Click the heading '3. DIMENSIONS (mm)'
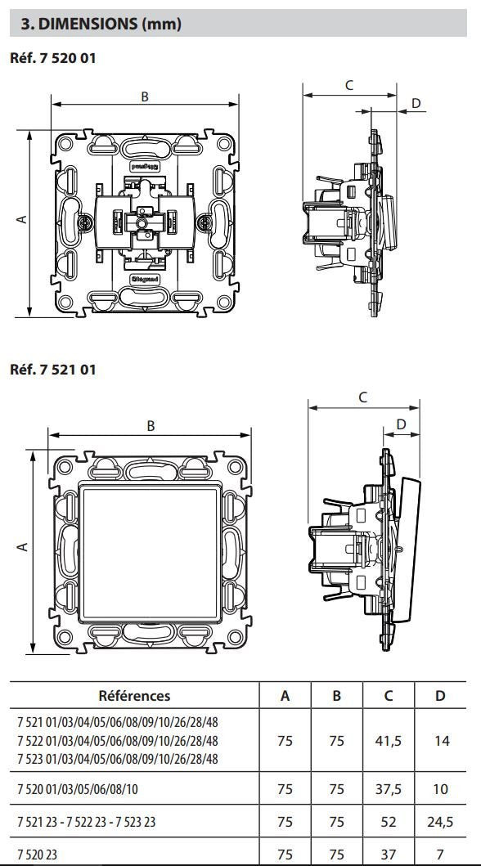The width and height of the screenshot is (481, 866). [101, 24]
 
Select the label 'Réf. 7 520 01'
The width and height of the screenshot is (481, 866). [52, 57]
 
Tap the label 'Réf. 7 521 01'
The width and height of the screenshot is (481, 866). [52, 370]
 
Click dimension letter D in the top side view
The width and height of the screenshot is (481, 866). [416, 103]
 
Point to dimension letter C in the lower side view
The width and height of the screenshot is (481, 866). [363, 397]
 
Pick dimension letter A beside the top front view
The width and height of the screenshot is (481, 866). [21, 220]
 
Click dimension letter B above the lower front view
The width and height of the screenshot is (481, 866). [151, 426]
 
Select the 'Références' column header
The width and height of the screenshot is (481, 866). [134, 695]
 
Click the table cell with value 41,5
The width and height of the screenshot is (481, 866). [389, 741]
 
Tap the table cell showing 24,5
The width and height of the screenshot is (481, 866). [440, 822]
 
